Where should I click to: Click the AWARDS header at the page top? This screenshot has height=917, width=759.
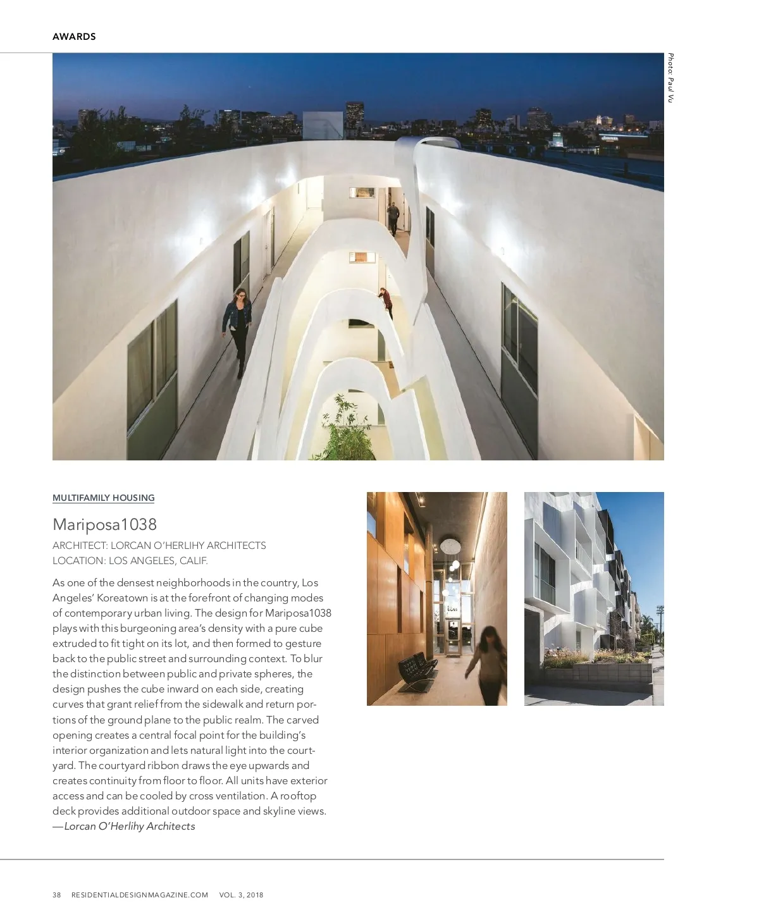click(x=74, y=37)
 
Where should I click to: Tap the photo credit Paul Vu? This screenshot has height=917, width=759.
click(x=670, y=78)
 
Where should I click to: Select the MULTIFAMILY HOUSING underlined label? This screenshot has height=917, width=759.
click(x=103, y=498)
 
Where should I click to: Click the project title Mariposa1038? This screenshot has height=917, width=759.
click(x=104, y=524)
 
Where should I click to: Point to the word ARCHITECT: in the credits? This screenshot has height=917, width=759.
click(x=80, y=545)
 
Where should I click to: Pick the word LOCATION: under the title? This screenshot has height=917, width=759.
click(x=79, y=560)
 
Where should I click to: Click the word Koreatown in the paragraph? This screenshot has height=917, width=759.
click(x=122, y=598)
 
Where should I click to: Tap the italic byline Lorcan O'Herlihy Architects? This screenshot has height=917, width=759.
click(x=129, y=826)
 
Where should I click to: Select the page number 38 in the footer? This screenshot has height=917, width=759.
click(x=57, y=895)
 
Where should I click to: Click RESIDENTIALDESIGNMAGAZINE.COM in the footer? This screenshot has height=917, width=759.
click(x=140, y=895)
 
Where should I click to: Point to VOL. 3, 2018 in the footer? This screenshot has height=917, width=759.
click(x=241, y=895)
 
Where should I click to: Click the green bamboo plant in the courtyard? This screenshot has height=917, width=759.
click(x=345, y=430)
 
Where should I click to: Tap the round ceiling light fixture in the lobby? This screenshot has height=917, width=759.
click(x=450, y=545)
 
